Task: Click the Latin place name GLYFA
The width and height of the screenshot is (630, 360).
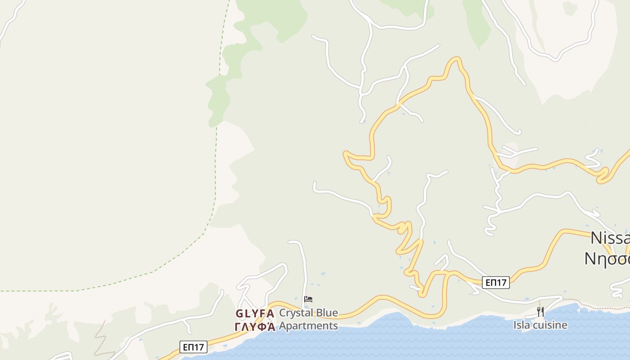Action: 255,314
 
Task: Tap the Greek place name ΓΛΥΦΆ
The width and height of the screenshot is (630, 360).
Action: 255,327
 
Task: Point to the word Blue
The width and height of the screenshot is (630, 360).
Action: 327,313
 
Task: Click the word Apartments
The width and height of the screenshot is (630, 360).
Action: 308,326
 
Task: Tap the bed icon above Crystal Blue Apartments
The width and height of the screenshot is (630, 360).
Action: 308,299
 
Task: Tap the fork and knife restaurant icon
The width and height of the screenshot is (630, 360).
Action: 540,311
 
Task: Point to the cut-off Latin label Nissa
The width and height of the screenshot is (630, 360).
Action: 610,238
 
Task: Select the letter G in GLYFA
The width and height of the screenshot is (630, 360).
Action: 240,314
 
